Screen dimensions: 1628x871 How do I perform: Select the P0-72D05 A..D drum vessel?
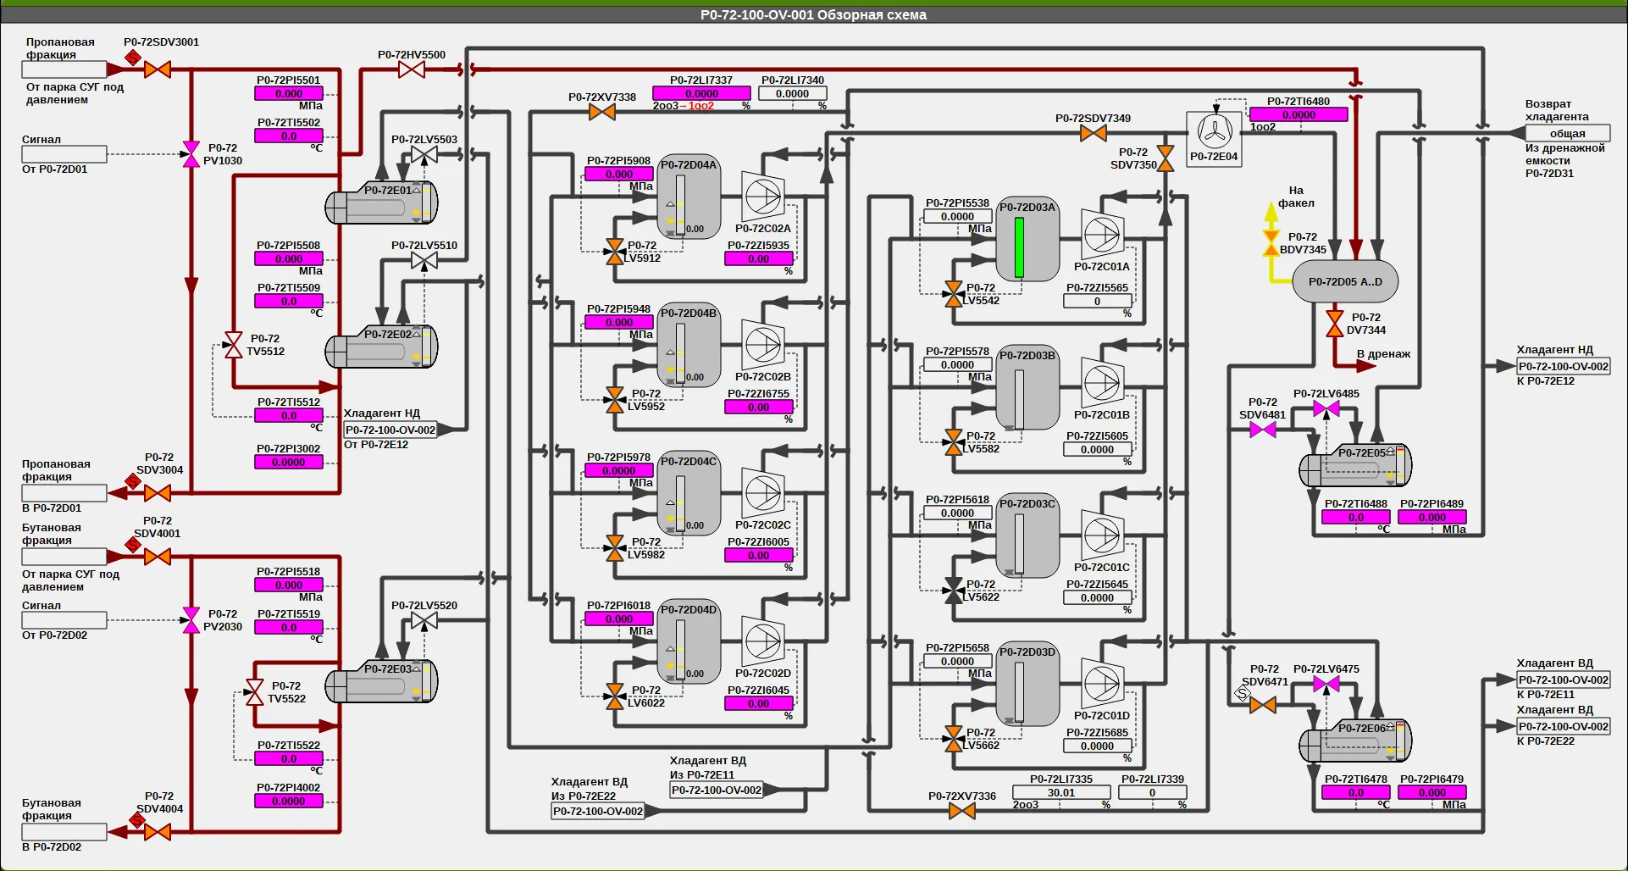point(1345,281)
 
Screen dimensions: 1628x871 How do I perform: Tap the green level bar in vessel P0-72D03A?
point(1019,247)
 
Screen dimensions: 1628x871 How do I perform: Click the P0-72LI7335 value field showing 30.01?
point(1061,793)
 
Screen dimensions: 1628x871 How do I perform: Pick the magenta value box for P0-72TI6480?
point(1299,114)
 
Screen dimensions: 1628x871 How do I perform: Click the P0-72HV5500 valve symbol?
point(412,69)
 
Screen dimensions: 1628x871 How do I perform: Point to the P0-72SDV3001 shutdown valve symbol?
point(158,69)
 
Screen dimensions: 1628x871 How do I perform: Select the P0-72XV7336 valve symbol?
point(961,811)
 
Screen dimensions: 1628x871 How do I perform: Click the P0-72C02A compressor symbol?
point(762,197)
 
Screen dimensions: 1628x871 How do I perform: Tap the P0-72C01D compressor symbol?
point(1102,683)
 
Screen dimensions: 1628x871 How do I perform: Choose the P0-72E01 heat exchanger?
point(382,203)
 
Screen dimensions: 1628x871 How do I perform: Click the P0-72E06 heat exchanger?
point(1355,741)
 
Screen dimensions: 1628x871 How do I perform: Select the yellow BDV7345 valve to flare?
point(1271,243)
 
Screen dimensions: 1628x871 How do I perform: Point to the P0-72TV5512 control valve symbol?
point(233,345)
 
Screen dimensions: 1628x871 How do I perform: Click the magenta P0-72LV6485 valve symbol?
point(1326,409)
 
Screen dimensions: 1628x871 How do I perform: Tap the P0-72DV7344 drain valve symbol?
point(1335,324)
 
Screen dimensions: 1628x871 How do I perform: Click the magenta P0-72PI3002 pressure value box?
point(289,463)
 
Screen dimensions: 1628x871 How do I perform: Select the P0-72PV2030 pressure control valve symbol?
point(191,620)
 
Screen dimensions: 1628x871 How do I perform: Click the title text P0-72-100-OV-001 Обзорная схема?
point(813,14)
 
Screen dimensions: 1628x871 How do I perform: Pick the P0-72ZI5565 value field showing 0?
point(1097,301)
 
